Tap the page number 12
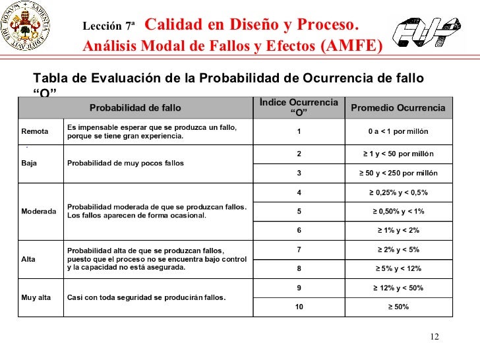[x=433, y=338]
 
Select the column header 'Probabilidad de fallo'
[x=135, y=107]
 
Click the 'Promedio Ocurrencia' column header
[x=398, y=107]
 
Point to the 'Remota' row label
[x=35, y=131]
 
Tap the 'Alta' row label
[x=29, y=258]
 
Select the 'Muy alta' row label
[x=36, y=297]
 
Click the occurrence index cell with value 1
[x=299, y=131]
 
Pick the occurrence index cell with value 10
[x=299, y=307]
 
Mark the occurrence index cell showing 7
[x=299, y=249]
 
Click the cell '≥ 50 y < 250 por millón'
[x=398, y=173]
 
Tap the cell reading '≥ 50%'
[x=398, y=307]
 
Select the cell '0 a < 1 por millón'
[x=398, y=131]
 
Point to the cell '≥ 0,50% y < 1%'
[x=398, y=211]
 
